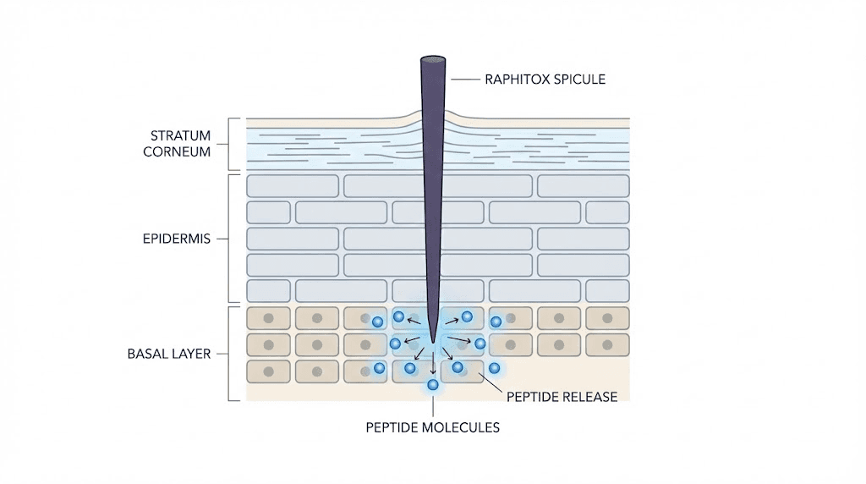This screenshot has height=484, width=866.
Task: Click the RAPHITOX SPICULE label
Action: [545, 80]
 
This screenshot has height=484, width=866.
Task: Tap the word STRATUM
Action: [179, 135]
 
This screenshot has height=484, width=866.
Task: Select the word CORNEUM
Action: [179, 152]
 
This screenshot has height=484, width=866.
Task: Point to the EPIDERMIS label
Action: [176, 239]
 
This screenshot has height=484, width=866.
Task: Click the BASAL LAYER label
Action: [168, 353]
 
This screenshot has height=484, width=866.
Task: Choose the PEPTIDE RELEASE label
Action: [562, 396]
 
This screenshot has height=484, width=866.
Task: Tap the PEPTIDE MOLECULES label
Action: [432, 427]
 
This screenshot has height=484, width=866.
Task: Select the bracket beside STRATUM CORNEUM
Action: [231, 144]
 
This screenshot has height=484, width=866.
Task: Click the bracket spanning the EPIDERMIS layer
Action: [231, 239]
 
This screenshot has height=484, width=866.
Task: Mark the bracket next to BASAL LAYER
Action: [231, 353]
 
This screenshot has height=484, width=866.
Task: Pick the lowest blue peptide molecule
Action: [433, 385]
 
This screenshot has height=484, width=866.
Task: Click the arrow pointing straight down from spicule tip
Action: [433, 366]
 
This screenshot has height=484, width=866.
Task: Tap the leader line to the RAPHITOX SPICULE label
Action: [464, 80]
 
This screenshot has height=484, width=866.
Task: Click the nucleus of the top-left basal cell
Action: [268, 318]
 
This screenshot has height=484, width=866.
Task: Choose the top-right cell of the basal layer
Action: [606, 318]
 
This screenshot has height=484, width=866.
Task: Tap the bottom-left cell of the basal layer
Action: [268, 371]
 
